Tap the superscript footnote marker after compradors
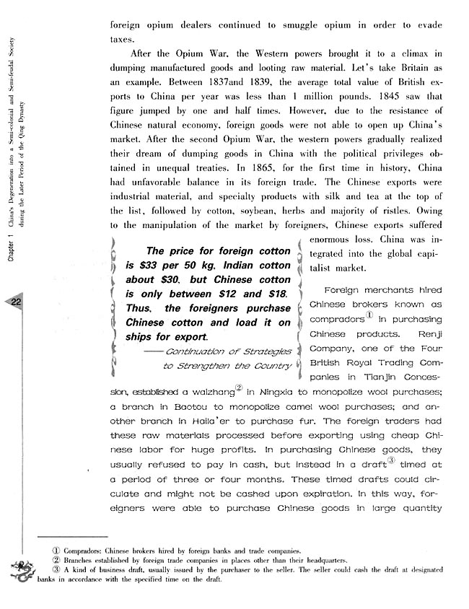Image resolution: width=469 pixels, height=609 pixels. (369, 315)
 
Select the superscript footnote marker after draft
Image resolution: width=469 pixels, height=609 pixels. (391, 460)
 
